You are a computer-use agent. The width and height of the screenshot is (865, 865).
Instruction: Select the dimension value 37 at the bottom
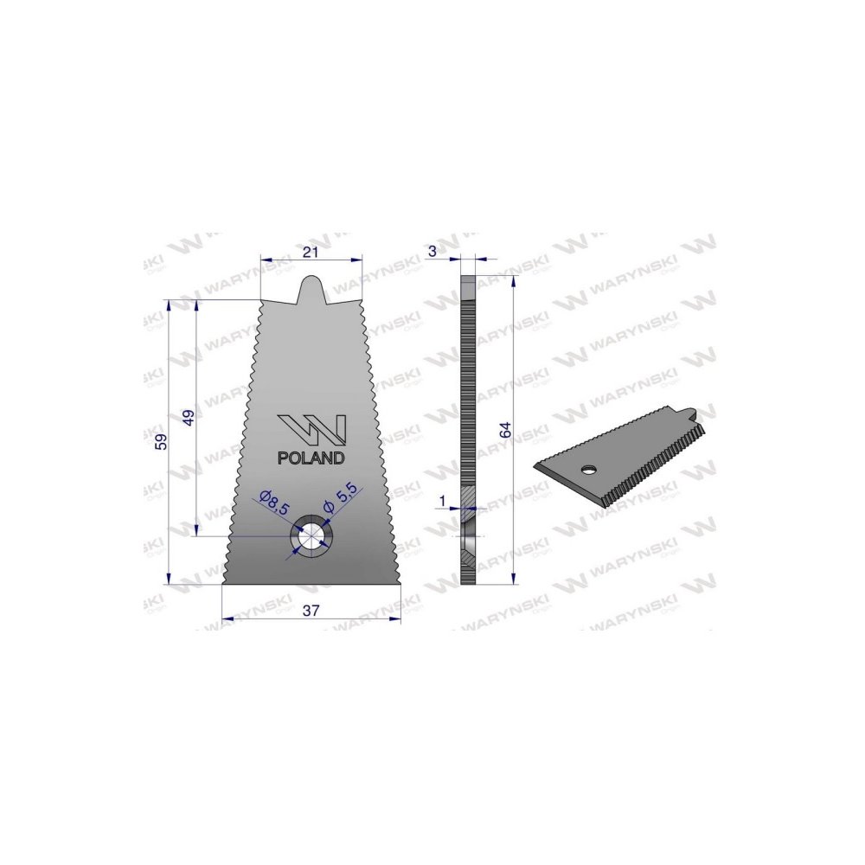tap(311, 611)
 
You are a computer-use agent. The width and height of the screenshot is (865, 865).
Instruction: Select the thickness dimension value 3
tap(432, 251)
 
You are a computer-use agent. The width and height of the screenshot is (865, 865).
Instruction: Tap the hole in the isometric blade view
tap(588, 469)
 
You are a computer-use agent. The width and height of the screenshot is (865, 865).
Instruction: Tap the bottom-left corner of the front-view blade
tap(224, 582)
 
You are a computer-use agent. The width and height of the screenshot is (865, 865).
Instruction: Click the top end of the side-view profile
tap(467, 279)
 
